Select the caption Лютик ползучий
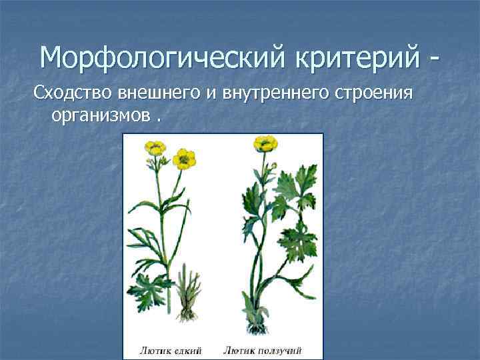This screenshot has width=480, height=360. [x=263, y=349]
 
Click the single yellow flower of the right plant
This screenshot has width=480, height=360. [x=265, y=143]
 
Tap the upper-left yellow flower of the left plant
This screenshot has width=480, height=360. [x=156, y=147]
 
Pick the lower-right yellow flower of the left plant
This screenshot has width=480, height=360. [x=184, y=159]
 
